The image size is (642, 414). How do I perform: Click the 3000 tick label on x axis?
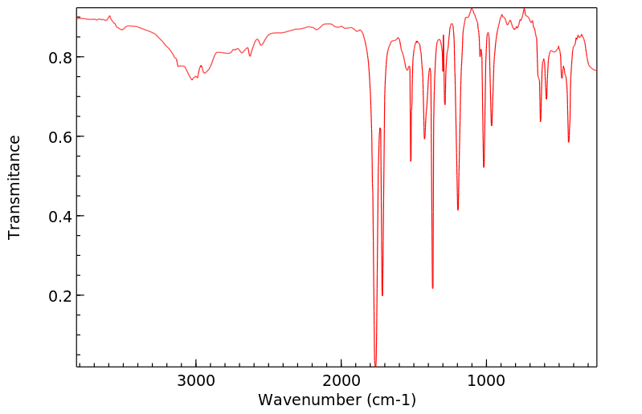point(196,381)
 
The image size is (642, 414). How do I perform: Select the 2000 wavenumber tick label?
point(341,381)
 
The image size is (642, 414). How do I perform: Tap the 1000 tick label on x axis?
point(485,381)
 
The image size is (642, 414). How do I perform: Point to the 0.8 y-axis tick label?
point(58,58)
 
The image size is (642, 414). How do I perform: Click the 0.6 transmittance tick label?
point(58,137)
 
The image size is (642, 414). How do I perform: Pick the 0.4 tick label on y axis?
point(58,217)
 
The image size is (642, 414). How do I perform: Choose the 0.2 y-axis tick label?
point(58,296)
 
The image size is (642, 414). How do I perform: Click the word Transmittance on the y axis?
point(14,187)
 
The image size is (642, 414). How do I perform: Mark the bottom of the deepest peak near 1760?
point(375,365)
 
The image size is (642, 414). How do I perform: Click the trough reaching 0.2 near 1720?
point(382,295)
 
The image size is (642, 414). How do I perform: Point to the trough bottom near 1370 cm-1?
point(432,288)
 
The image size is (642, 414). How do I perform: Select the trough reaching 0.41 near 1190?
point(458,210)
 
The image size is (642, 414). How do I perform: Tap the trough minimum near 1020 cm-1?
point(484,167)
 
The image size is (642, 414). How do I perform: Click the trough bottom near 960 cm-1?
point(492,125)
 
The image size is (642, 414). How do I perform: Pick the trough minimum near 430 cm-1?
point(568,142)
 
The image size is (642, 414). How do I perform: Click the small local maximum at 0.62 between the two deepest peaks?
point(379,128)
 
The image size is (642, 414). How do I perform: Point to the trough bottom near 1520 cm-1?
point(411,161)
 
